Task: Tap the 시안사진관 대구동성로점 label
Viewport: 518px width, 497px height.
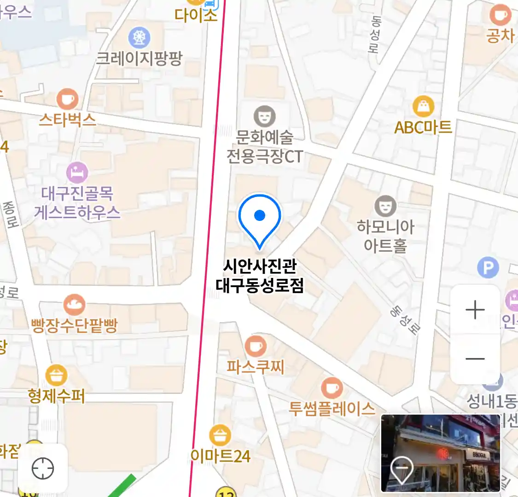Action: click(x=260, y=276)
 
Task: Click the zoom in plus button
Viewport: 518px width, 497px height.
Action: click(x=475, y=310)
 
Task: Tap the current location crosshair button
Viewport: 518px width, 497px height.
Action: click(x=43, y=469)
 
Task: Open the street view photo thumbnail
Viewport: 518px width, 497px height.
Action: click(x=440, y=453)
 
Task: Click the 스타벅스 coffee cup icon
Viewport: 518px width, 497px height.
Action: click(x=67, y=99)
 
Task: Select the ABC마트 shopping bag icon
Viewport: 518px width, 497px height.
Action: click(x=423, y=107)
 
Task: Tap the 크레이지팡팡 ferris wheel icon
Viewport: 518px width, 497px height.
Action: click(x=139, y=38)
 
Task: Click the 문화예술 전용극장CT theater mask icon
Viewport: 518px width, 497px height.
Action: click(x=264, y=116)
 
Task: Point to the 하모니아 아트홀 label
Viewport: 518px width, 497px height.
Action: click(x=385, y=236)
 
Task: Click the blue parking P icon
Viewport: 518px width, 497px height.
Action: click(x=488, y=267)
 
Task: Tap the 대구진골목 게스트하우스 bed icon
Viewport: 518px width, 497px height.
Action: click(x=77, y=173)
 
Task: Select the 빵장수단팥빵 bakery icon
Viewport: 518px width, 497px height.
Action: click(x=74, y=304)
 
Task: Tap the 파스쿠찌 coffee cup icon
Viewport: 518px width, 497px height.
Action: click(x=255, y=346)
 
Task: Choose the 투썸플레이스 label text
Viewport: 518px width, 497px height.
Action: click(x=332, y=408)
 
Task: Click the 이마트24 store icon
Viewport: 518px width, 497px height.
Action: click(x=220, y=435)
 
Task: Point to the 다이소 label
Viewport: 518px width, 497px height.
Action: click(x=196, y=15)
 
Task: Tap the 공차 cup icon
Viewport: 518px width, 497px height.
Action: click(x=500, y=16)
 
